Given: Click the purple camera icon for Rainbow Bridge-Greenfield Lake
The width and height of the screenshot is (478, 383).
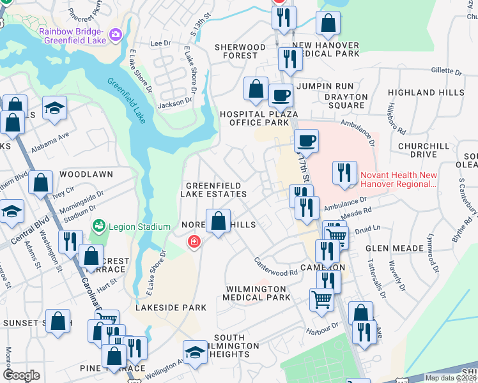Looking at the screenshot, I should tap(116, 34).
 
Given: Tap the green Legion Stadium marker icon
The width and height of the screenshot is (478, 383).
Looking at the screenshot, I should tap(98, 226).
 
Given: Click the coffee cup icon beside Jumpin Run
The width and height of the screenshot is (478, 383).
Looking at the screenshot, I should tap(281, 96).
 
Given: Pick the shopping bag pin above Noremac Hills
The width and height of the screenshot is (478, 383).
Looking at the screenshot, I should tap(219, 222).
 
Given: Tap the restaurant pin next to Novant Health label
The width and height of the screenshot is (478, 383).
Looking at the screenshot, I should tap(344, 173).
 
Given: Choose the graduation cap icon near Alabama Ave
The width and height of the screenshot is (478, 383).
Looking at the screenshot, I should tap(55, 109).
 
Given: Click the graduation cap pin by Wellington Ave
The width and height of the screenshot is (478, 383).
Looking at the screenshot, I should tap(195, 352).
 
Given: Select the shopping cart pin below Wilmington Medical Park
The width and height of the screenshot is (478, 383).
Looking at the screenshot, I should tap(321, 299).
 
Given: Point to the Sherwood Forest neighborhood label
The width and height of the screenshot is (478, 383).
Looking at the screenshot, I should tap(240, 52).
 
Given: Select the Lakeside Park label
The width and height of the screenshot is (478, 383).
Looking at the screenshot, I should tap(171, 308).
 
